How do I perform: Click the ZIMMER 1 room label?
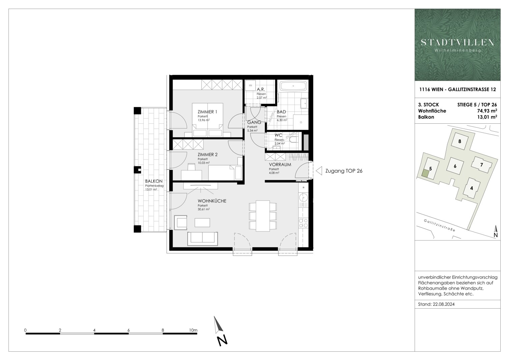click(x=207, y=112)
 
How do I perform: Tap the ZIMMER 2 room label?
click(x=207, y=154)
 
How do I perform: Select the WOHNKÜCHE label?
click(x=212, y=201)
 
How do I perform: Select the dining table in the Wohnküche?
click(x=263, y=216)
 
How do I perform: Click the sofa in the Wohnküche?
click(x=202, y=238)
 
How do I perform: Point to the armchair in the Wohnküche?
click(x=181, y=222)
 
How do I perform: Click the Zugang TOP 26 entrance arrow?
click(x=319, y=171)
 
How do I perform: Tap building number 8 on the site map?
click(x=460, y=141)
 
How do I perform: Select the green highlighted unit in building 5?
click(x=425, y=173)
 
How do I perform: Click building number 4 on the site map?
click(x=471, y=188)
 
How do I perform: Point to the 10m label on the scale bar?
click(x=193, y=330)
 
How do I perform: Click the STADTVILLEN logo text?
click(x=457, y=42)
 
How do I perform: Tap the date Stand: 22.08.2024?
click(x=436, y=304)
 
